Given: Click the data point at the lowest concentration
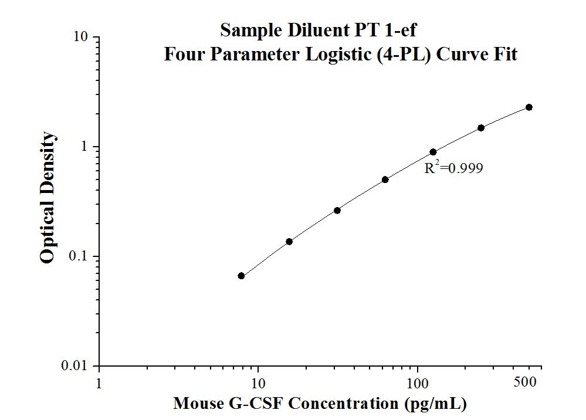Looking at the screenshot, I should click(241, 276).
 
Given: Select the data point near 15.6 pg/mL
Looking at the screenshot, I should click(289, 242).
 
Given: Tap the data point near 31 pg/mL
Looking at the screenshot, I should click(337, 210).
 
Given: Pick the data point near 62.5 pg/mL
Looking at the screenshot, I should click(385, 179).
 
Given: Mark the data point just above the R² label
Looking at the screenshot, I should click(433, 152).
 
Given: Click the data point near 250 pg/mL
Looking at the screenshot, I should click(481, 128).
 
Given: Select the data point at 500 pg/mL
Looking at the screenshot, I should click(529, 107).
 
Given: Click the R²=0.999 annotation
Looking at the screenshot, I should click(453, 168).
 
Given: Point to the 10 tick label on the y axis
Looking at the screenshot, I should click(81, 37).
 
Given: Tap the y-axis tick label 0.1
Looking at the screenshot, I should click(79, 256).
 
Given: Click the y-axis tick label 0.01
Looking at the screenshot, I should click(76, 366).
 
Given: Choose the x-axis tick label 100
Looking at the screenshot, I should click(417, 384).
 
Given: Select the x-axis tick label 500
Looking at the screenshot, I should click(524, 382).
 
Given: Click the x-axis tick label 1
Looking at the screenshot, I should click(99, 384).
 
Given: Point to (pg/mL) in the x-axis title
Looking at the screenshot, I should click(433, 404).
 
